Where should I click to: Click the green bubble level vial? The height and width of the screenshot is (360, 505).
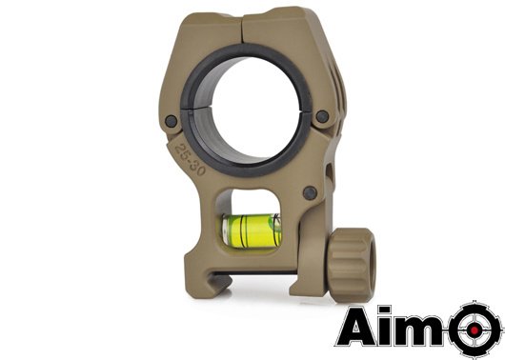(253, 230)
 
